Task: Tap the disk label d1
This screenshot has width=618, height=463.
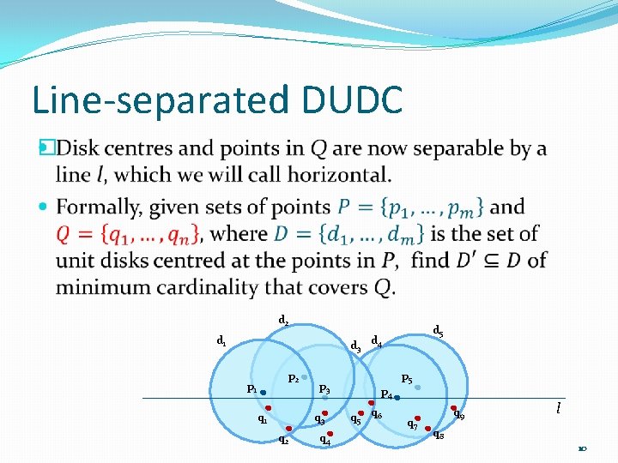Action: (x=221, y=341)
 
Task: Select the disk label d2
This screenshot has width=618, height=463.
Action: (x=283, y=321)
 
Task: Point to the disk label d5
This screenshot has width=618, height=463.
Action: (x=438, y=330)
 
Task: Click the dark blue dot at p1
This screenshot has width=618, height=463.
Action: (x=264, y=392)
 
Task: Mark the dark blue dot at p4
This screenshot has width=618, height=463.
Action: (x=397, y=398)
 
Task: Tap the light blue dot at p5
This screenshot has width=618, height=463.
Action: (x=418, y=388)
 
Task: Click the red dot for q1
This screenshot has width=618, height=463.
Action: (x=269, y=408)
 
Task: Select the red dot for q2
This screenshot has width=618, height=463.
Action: (x=290, y=429)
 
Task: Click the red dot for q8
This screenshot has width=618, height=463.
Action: (x=427, y=428)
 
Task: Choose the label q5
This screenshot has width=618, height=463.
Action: (x=355, y=419)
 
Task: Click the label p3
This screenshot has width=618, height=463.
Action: (x=324, y=390)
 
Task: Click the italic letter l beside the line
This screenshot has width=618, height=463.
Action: (x=559, y=409)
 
